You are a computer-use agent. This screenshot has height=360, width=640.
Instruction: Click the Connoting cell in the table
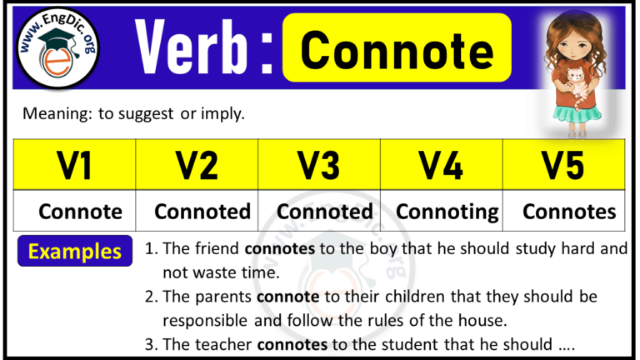447,212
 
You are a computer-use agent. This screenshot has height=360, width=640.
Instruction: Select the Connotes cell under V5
569,212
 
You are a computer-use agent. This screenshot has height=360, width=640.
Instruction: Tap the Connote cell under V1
80,212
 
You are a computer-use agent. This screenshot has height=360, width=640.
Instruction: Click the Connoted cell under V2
202,212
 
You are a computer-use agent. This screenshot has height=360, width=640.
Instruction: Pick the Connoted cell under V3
325,212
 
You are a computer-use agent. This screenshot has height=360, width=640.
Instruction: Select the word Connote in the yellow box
397,49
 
